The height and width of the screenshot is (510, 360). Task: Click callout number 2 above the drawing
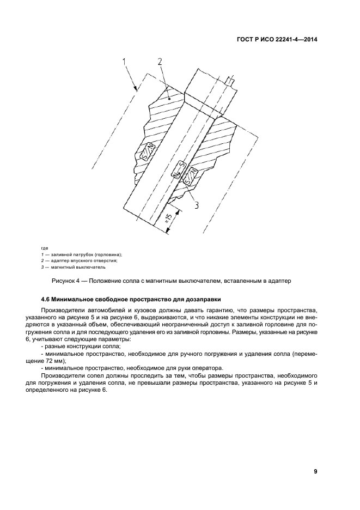[x=160, y=62]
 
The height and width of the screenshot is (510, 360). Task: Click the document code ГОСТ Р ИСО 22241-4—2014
[x=276, y=39]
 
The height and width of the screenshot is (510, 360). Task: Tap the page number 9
[x=315, y=471]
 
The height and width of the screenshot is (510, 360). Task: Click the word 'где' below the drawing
[x=45, y=248]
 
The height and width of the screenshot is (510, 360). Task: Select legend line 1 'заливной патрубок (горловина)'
[x=82, y=254]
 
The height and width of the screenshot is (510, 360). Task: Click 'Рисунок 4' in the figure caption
[x=66, y=281]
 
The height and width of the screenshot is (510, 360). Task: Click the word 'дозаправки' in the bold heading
[x=200, y=299]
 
